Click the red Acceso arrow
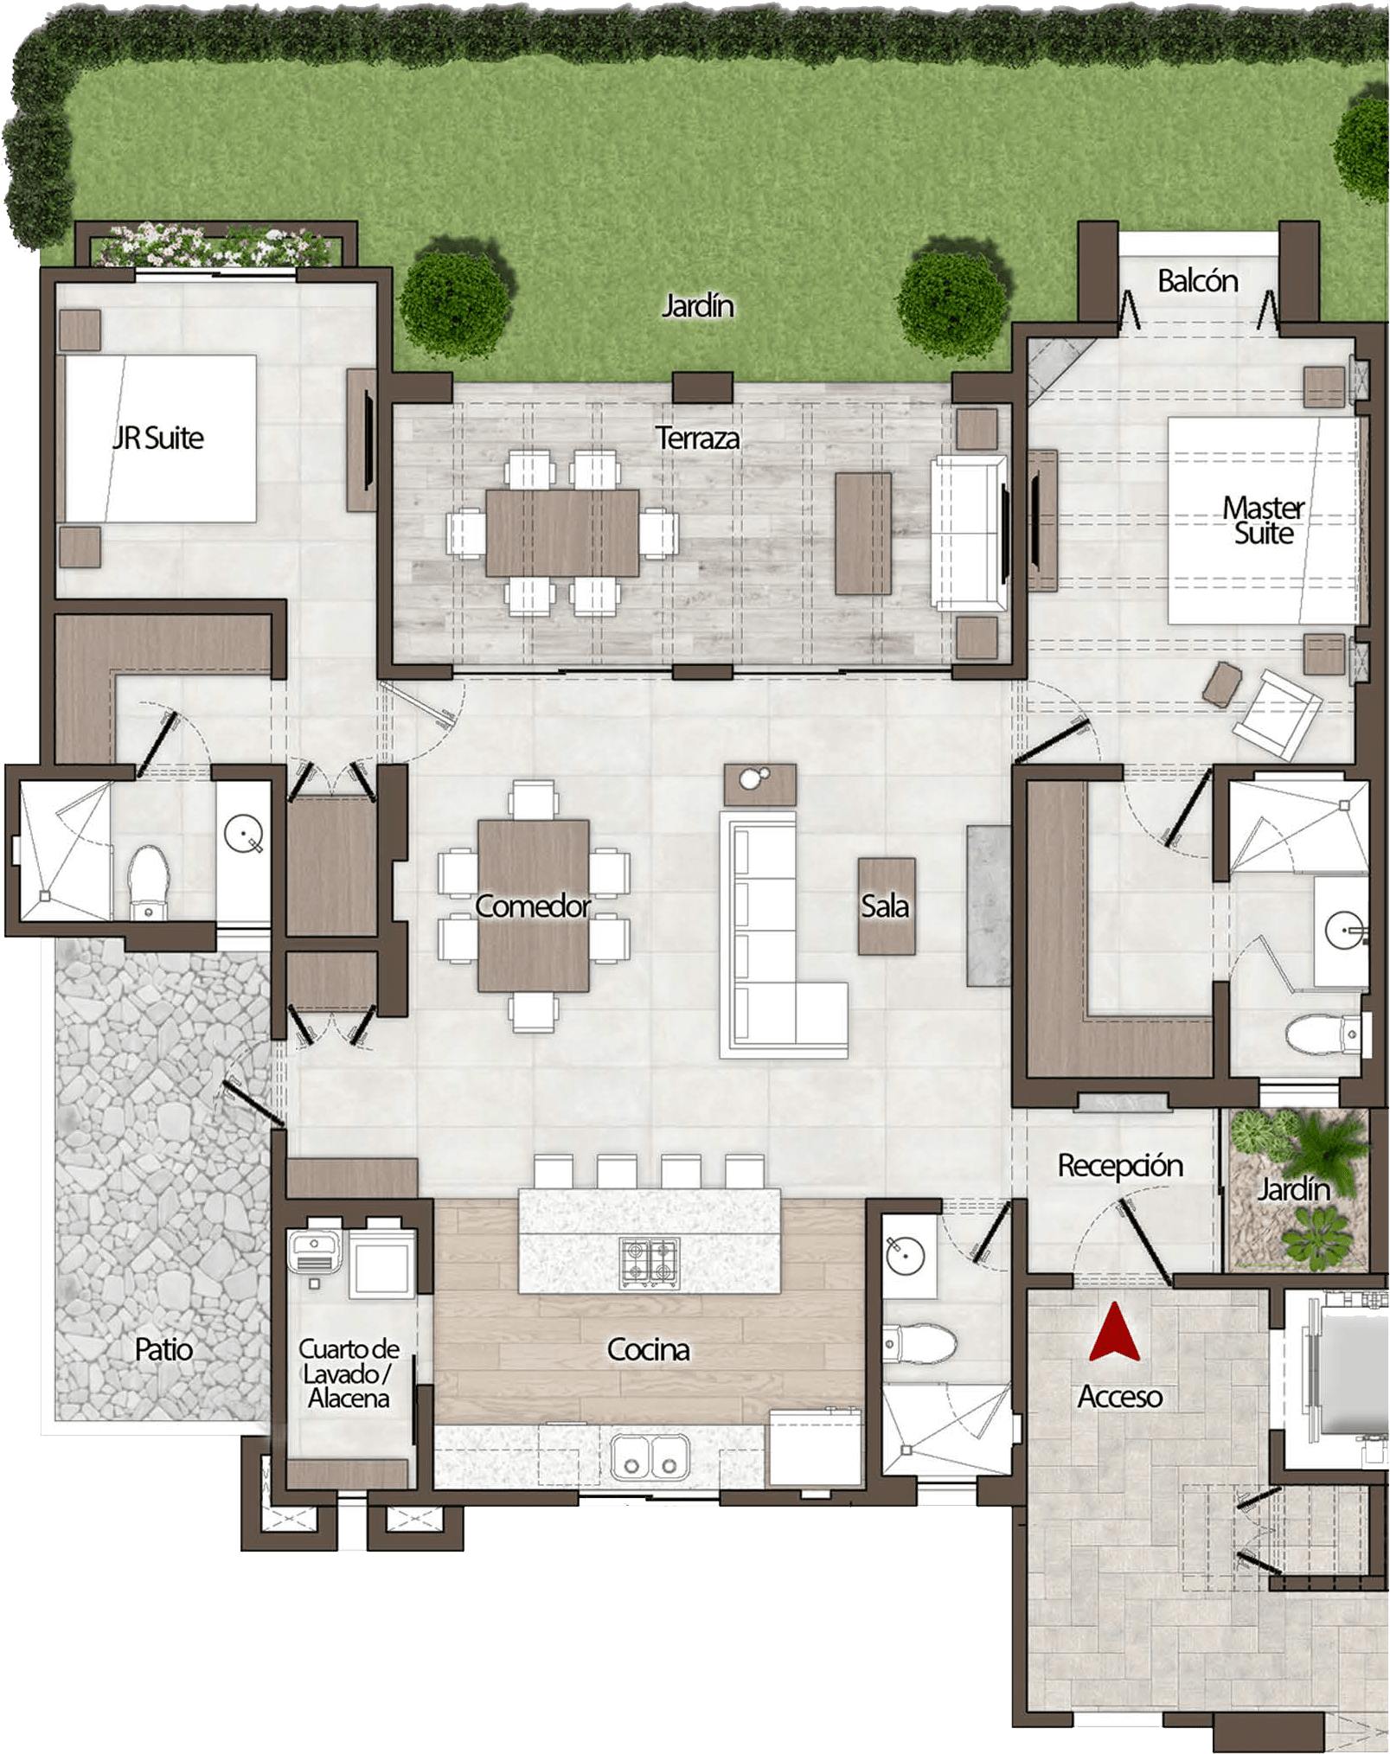pos(1115,1334)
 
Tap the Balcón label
pos(1197,281)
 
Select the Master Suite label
pos(1263,520)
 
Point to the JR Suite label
pos(158,438)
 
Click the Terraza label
pos(697,438)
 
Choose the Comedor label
pos(533,906)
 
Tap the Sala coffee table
pos(886,906)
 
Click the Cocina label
pos(649,1349)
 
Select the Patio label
pos(163,1349)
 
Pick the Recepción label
pos(1120,1166)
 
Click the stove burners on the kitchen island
pos(650,1262)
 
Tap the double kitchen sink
pos(650,1456)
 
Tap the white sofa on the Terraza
pos(969,532)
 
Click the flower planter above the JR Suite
pos(215,246)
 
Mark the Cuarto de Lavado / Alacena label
pos(349,1373)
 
